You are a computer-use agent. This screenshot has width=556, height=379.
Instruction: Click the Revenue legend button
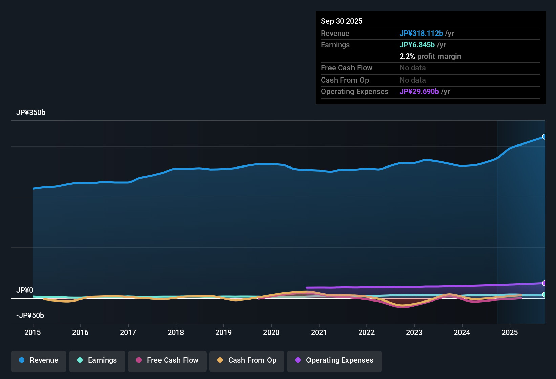click(x=39, y=360)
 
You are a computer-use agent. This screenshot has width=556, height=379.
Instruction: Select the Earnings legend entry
click(x=97, y=360)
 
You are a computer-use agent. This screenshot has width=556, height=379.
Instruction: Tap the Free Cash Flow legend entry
click(x=167, y=360)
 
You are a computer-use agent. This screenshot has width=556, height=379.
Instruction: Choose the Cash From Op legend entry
click(x=247, y=360)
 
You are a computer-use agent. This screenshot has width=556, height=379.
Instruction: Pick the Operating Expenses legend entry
click(x=335, y=360)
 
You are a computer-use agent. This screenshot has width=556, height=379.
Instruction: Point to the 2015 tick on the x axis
click(x=33, y=332)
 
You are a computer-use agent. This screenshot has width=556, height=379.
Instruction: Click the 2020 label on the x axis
click(x=271, y=332)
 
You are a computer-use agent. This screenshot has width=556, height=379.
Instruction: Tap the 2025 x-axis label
click(x=510, y=332)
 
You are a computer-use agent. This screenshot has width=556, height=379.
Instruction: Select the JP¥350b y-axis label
click(x=31, y=113)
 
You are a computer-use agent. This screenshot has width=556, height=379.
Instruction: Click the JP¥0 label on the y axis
click(x=25, y=290)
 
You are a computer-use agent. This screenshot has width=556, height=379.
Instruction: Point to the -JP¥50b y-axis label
click(x=30, y=316)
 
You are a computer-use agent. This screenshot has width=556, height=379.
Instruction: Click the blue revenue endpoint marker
click(x=544, y=137)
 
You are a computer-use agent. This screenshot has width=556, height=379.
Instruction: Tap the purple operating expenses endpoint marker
click(x=544, y=283)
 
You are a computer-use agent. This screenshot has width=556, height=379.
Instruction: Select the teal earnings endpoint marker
click(x=544, y=295)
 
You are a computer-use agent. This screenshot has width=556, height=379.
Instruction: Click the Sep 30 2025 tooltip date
click(x=342, y=21)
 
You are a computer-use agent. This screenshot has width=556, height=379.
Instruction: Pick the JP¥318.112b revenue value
click(x=421, y=33)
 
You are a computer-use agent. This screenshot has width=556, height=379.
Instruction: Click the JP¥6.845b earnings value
click(x=417, y=45)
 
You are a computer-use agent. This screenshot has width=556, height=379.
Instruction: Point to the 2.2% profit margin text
click(x=430, y=57)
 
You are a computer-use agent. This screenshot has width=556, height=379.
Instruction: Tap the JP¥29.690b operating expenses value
click(x=419, y=92)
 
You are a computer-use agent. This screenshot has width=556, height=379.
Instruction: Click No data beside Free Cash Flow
click(x=412, y=68)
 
